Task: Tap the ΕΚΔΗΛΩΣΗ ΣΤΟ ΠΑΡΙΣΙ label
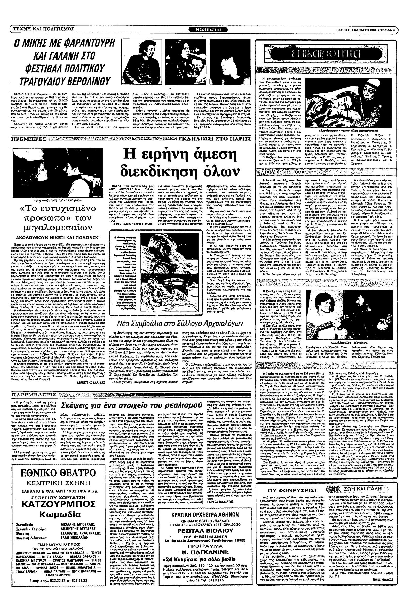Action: (x=214, y=139)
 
